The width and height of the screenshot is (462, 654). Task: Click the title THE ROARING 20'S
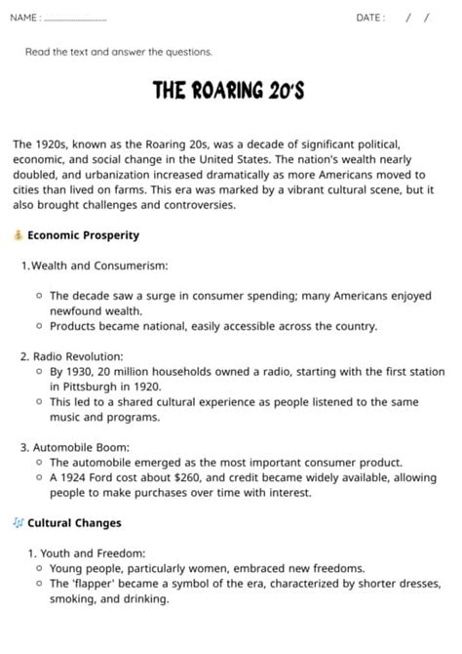point(230,91)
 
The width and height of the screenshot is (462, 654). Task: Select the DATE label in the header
point(369,18)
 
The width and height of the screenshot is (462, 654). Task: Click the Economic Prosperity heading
point(83,235)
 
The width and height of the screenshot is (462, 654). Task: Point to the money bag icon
point(18,235)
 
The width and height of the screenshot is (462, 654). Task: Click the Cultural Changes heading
point(74,523)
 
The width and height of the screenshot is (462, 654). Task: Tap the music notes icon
point(18,523)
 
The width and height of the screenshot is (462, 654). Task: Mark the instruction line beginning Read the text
point(118,52)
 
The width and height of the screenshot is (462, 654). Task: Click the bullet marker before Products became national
point(38,326)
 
